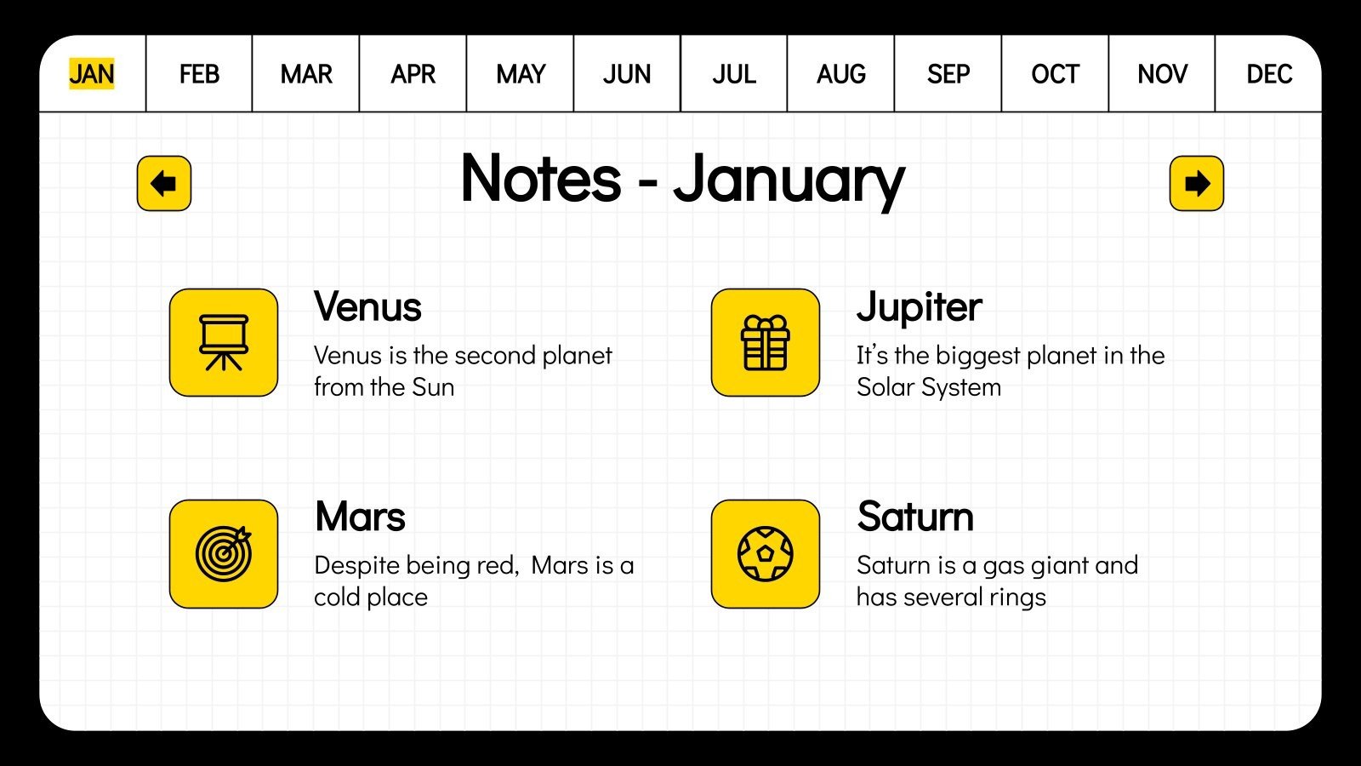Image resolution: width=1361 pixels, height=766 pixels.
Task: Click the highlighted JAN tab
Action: [92, 74]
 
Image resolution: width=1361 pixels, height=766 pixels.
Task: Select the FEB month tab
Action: [199, 74]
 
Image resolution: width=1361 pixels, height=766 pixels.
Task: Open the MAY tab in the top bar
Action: [521, 74]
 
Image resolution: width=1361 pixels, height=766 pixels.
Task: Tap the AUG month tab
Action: [841, 74]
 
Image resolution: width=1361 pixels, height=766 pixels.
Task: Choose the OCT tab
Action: [1055, 74]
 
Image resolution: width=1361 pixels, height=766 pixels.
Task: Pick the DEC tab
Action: [1269, 74]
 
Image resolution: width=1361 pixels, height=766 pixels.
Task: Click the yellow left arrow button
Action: [164, 183]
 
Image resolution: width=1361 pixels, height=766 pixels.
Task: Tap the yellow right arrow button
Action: [1197, 183]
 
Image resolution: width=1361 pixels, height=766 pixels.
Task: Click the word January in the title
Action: [789, 180]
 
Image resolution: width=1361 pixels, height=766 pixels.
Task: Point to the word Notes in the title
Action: [541, 179]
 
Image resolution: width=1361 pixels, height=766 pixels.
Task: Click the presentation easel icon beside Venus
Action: [224, 342]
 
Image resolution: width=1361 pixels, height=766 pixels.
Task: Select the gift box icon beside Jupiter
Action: [766, 342]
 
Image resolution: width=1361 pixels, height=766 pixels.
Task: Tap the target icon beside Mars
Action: [224, 553]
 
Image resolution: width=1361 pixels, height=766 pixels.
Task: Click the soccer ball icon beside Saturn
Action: [766, 553]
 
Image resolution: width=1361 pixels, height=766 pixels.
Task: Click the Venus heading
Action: [367, 306]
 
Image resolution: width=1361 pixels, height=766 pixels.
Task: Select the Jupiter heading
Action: [919, 306]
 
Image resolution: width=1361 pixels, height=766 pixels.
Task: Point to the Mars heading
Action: [360, 517]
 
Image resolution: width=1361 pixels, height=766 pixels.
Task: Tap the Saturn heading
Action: [915, 517]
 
